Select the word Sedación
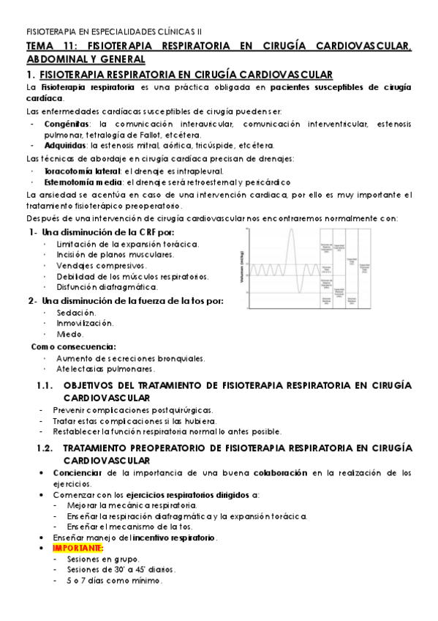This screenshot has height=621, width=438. [x=75, y=312]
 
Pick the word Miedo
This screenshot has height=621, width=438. [x=70, y=334]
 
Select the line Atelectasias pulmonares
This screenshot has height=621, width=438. [x=107, y=369]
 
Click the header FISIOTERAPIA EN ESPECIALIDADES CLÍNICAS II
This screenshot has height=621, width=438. [x=113, y=32]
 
